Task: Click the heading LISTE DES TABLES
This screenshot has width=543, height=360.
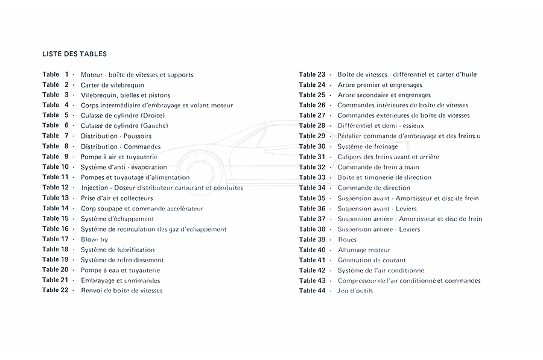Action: tap(75, 54)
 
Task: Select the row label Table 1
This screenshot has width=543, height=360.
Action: tap(56, 75)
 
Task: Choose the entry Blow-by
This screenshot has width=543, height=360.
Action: tap(95, 239)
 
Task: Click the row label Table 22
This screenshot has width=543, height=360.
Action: tap(56, 291)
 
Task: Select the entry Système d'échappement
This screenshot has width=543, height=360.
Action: tap(117, 219)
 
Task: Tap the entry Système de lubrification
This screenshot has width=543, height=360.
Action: tap(118, 250)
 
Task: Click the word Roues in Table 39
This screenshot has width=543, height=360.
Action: tap(348, 239)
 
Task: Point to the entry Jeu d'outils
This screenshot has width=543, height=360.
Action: tap(355, 291)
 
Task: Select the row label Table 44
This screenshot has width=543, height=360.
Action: tap(312, 291)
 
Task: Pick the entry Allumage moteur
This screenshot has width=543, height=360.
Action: tap(364, 250)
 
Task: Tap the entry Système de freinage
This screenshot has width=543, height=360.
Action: tap(367, 147)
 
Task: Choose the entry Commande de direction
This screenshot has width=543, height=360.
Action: tap(373, 188)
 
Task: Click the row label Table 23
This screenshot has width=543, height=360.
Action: tap(312, 75)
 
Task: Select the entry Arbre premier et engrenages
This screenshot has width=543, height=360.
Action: tap(379, 85)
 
